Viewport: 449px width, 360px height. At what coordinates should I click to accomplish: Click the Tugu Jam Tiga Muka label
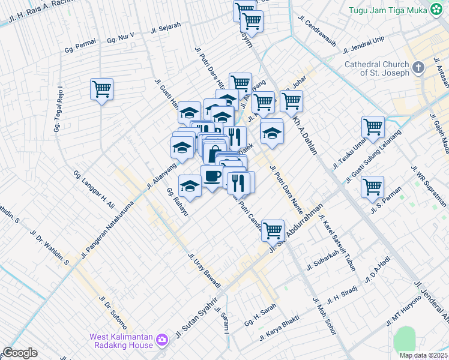tap(387, 10)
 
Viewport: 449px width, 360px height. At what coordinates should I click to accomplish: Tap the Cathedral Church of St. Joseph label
tap(376, 68)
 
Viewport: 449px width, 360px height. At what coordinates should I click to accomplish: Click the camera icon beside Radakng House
tap(161, 341)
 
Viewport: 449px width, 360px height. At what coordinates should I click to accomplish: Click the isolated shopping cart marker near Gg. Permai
tap(102, 90)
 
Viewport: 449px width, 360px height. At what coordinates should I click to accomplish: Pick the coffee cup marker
tap(212, 176)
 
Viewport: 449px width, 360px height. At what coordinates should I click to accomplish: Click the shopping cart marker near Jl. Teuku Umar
tap(373, 128)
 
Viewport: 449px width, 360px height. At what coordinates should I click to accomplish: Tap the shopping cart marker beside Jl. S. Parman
tap(373, 187)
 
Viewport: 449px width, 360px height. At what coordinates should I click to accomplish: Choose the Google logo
tap(20, 353)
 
